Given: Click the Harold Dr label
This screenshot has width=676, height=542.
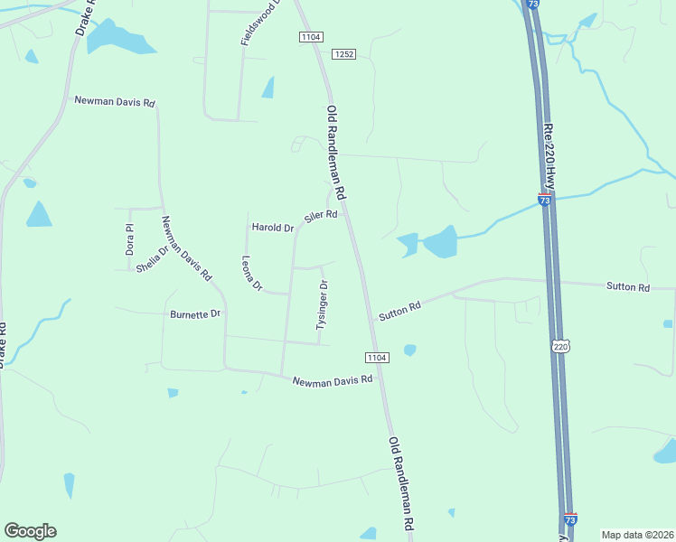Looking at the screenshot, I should coord(272,228).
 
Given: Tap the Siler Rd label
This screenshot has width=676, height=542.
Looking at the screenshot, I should coord(321,217).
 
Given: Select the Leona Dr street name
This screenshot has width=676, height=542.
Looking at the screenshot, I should coord(251,274).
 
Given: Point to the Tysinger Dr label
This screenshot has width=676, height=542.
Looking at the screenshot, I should coord(322,305).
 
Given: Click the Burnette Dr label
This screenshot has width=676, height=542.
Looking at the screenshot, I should coord(195,314).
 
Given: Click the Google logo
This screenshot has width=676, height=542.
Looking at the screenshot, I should coord(30,531).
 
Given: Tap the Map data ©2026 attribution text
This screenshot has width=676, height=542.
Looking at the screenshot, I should coord(637,534).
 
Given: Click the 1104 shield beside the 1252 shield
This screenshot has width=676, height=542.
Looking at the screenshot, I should coord(311,35).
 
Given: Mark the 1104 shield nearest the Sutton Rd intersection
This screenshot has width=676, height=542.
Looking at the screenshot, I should coord(377,358).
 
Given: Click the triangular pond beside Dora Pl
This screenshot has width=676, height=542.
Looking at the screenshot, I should coord(38,215).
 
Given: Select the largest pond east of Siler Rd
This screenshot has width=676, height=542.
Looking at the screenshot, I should coord(440,242).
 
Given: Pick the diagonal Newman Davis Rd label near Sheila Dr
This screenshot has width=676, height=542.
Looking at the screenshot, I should coord(186,248).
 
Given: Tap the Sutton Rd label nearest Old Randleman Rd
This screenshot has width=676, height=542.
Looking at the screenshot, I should coord(399,311).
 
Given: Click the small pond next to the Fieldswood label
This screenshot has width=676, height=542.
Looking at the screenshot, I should coord(268,87).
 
